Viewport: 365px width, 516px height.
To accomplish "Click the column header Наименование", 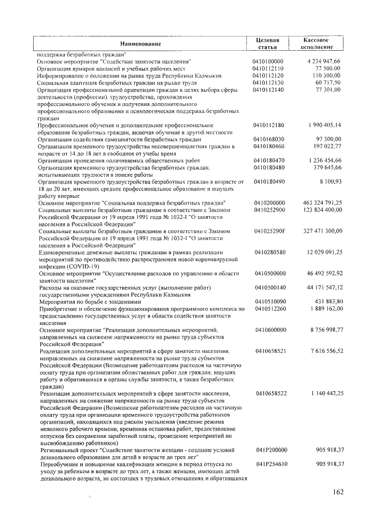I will (x=140, y=44).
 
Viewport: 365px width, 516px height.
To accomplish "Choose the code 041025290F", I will (x=270, y=231).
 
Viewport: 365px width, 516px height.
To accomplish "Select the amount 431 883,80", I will (x=327, y=301).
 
